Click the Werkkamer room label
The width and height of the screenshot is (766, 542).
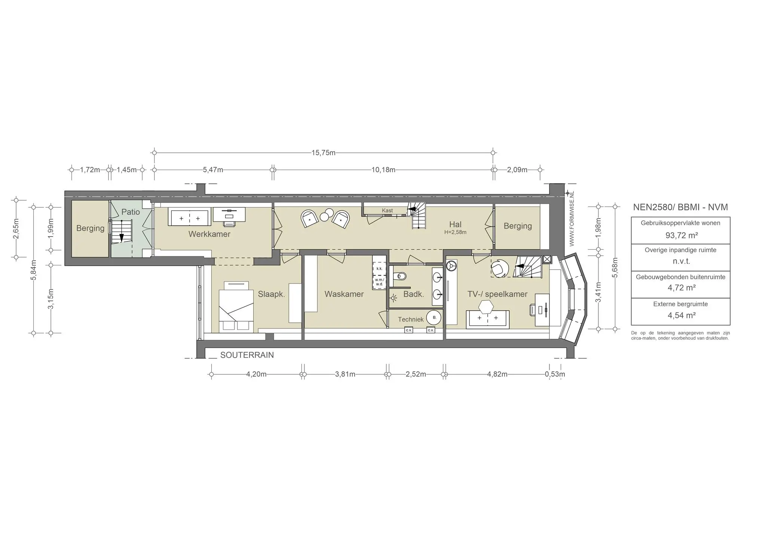(x=209, y=234)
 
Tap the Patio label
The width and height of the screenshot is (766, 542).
(x=131, y=212)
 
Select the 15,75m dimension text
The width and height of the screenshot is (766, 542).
(x=324, y=153)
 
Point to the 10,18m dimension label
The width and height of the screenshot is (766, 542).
(x=383, y=170)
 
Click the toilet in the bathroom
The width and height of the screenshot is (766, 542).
(x=399, y=277)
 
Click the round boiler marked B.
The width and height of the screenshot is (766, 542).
(x=434, y=317)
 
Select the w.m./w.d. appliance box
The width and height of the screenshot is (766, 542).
(x=379, y=283)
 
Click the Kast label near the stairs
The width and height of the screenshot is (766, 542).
(x=387, y=211)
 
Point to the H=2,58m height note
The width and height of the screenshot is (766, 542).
(x=455, y=232)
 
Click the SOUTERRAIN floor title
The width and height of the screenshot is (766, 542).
(x=247, y=355)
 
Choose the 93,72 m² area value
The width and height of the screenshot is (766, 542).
(x=682, y=235)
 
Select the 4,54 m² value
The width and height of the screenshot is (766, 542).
(x=682, y=316)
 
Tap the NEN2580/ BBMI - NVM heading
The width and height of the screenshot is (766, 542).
(x=680, y=207)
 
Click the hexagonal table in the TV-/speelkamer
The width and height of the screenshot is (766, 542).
(x=487, y=307)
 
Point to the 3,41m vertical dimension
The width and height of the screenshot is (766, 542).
(x=598, y=292)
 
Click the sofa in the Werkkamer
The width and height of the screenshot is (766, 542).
(x=190, y=217)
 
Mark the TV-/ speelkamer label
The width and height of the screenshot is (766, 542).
(x=497, y=294)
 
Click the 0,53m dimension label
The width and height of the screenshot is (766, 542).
(x=555, y=374)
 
